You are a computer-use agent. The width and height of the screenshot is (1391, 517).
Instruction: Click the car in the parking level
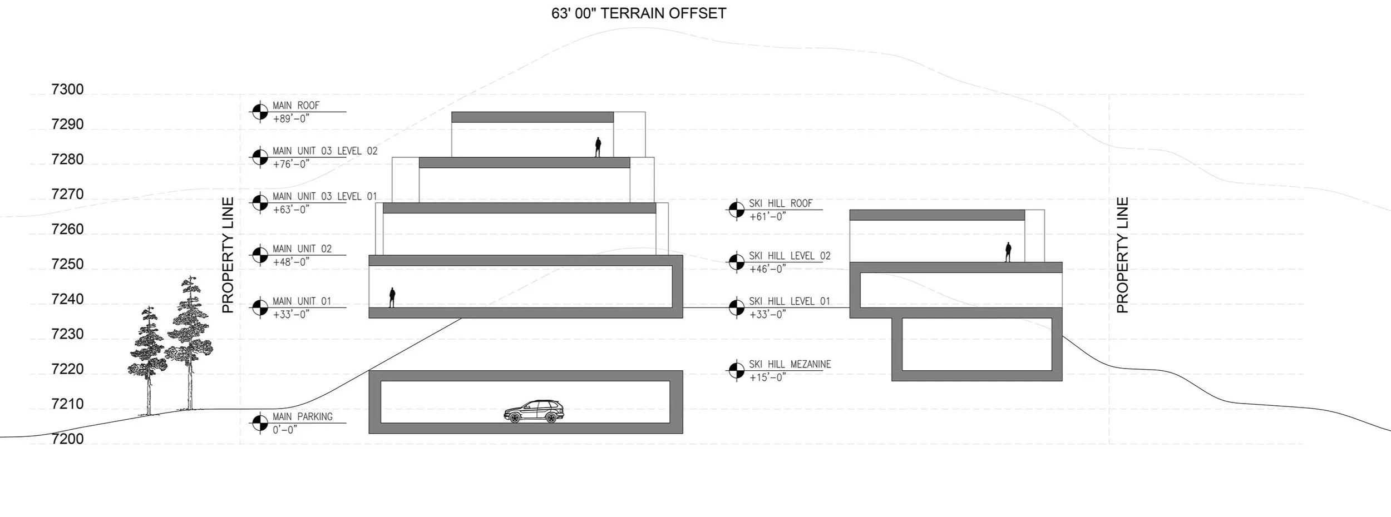click(x=534, y=412)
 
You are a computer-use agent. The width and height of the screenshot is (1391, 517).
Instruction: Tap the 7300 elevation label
click(x=67, y=90)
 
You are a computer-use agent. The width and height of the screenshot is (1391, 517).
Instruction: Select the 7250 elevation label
click(x=67, y=264)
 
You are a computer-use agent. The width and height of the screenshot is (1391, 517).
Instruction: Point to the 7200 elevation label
click(x=67, y=439)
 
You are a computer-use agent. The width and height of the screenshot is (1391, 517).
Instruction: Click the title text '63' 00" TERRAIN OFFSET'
click(x=639, y=13)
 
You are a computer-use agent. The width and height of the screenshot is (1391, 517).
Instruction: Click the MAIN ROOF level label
click(x=296, y=106)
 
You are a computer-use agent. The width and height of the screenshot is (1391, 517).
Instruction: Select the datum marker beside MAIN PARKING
click(x=260, y=423)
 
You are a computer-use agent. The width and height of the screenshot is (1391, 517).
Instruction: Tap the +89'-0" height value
click(x=291, y=118)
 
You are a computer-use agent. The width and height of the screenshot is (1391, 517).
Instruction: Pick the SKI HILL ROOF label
click(x=781, y=203)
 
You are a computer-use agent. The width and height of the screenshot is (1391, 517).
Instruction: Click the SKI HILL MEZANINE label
click(x=790, y=364)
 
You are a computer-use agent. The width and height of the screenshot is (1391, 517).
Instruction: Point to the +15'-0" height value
click(x=767, y=377)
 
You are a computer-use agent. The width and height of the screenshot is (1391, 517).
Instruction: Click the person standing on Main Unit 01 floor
click(x=392, y=297)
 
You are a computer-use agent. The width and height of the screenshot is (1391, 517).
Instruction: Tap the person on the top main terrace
click(x=598, y=147)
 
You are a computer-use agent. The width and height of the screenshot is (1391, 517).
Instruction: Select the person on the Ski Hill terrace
click(x=1008, y=252)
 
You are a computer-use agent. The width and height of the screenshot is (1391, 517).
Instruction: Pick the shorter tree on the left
click(x=148, y=359)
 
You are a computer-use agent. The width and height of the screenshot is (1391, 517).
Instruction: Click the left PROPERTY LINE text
click(x=228, y=255)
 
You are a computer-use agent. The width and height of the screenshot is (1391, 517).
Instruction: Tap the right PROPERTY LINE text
click(x=1122, y=255)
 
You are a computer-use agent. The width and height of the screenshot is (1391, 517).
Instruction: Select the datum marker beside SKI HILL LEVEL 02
click(x=736, y=262)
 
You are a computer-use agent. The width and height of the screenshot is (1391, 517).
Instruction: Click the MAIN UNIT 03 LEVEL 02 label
click(x=325, y=151)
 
